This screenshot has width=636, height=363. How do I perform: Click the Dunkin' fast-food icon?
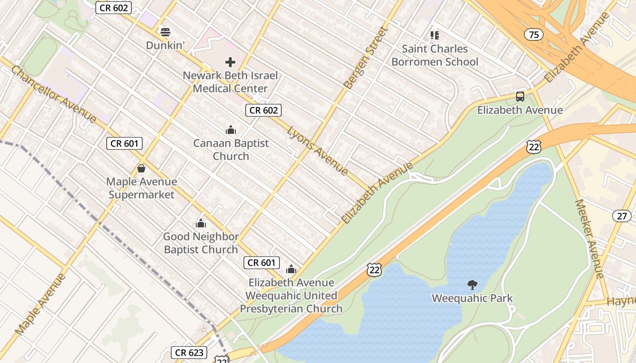point(165,32)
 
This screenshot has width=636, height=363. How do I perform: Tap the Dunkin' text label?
point(164,45)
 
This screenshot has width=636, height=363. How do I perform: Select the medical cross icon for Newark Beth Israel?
point(230,62)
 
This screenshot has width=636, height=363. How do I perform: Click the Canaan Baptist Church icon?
point(231,130)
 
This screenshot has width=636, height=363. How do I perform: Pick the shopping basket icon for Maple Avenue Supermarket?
point(141,168)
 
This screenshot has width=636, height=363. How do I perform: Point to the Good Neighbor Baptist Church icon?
point(200,223)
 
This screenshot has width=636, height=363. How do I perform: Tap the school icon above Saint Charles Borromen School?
point(435,35)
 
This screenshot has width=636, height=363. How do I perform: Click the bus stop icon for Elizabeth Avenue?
point(520,96)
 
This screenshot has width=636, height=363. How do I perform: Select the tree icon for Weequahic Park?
point(472,285)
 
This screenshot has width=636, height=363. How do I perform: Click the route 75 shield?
point(533,34)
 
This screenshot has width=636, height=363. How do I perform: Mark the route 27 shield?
point(621,216)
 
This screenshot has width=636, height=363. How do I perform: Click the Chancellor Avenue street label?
point(54,94)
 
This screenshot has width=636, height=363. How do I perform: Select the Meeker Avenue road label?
point(589,239)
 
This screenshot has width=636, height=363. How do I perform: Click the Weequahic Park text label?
point(472,299)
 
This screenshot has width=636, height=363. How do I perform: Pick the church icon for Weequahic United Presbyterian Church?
point(291,269)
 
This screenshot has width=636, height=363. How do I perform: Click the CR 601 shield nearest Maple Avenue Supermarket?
point(124,143)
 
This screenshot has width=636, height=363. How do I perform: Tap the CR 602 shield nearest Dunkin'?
point(114,7)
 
